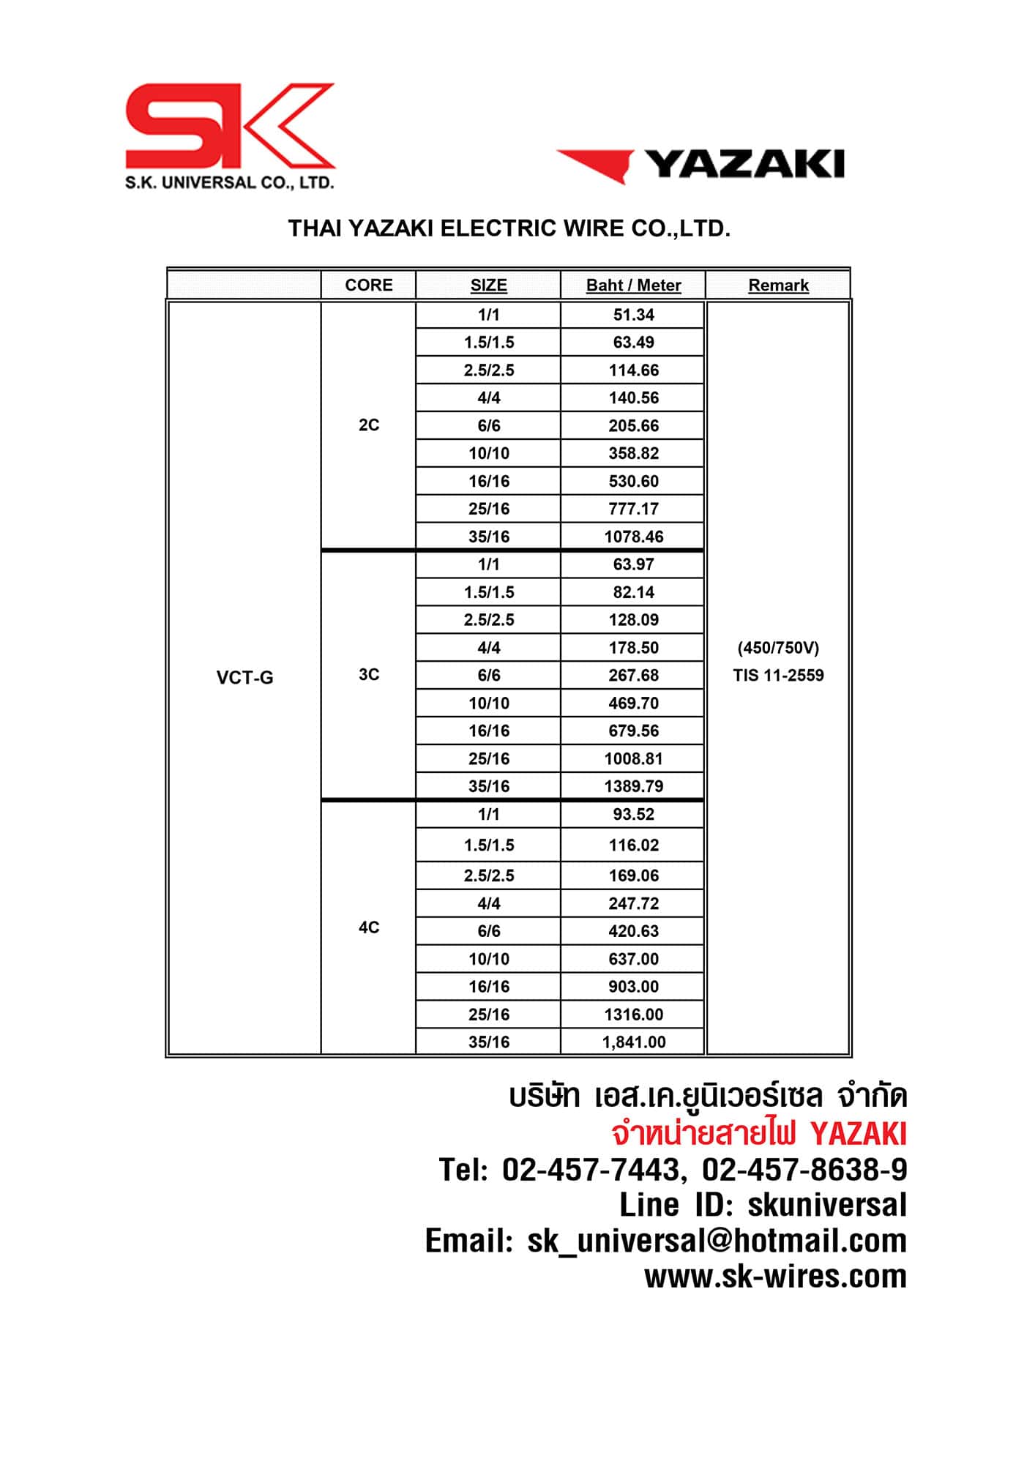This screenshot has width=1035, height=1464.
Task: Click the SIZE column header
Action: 488,285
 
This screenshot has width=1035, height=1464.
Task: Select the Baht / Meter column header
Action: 633,285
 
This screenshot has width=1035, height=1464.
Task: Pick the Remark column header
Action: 778,285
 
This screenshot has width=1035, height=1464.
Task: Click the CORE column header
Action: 368,285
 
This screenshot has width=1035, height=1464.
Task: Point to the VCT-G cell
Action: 244,678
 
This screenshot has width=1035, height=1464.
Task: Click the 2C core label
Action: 368,425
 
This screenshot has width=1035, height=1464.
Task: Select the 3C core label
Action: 368,675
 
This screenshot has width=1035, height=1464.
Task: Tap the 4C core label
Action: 368,928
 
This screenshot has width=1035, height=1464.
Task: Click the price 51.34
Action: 633,315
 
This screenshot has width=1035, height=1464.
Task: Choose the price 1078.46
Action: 633,537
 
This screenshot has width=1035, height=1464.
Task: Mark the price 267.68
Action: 633,675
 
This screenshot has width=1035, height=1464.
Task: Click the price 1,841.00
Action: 633,1042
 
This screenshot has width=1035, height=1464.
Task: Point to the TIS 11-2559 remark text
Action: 778,676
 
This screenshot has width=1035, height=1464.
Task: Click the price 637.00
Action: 633,959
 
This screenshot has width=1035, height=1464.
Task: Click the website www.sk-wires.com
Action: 774,1277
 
